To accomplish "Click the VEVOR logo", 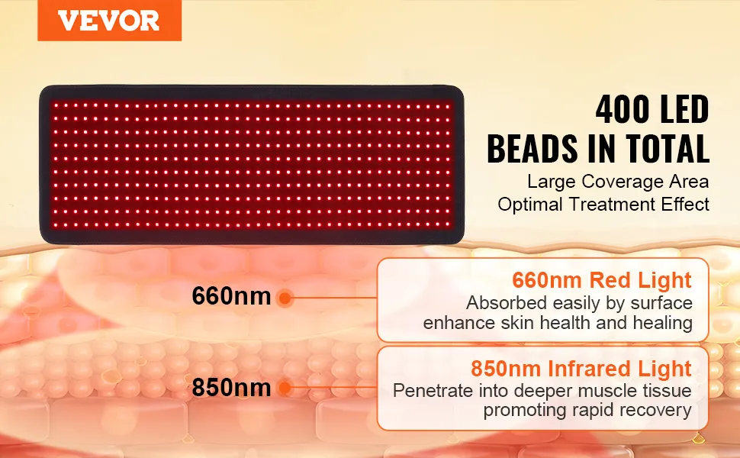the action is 109,21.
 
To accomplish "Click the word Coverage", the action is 620,182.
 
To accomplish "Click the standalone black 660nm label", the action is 231,296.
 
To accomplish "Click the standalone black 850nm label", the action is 231,388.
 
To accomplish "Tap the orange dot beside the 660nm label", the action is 285,298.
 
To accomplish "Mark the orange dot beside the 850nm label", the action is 285,388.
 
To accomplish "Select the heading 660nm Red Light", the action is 602,280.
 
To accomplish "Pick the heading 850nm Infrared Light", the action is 581,369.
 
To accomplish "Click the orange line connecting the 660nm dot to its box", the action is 335,298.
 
